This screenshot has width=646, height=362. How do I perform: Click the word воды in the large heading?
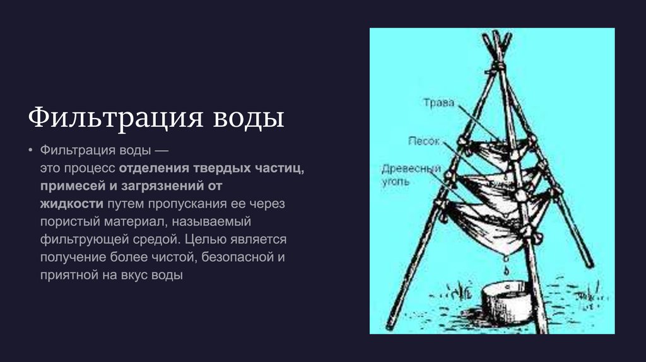point(247,118)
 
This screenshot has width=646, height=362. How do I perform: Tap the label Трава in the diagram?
point(438,103)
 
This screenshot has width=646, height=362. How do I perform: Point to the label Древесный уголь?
point(409,175)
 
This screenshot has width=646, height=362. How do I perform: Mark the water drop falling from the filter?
point(505,268)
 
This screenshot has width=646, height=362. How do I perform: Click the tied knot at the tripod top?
point(498,65)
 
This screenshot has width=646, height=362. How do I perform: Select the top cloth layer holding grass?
point(498,151)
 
